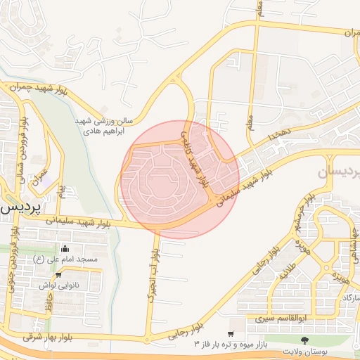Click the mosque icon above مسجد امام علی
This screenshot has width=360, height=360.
pos(65,248)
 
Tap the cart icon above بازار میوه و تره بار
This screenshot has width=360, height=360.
pos(231,333)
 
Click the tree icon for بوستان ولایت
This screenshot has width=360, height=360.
pos(304,340)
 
